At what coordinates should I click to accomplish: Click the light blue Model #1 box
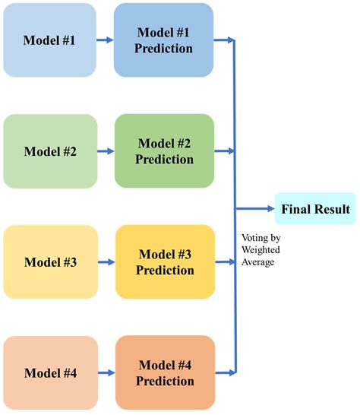49,40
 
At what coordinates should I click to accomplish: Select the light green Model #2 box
50,150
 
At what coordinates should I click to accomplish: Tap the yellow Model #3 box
50,262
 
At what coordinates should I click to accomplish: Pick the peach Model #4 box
50,372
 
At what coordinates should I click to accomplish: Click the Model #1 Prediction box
163,40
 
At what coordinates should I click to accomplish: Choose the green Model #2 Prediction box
164,150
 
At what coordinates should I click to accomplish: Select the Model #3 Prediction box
164,262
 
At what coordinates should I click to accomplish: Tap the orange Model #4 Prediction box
164,372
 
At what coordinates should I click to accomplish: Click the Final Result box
315,208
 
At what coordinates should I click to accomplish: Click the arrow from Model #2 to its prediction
106,151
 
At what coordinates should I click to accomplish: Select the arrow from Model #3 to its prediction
106,262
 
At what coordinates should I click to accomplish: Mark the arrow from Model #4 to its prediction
106,373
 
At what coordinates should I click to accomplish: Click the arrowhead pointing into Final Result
270,208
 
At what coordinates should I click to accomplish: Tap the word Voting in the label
250,236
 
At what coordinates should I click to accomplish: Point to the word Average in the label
256,261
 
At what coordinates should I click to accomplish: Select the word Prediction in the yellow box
164,271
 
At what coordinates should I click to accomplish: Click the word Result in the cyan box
333,208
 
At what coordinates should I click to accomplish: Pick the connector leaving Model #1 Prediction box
224,40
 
